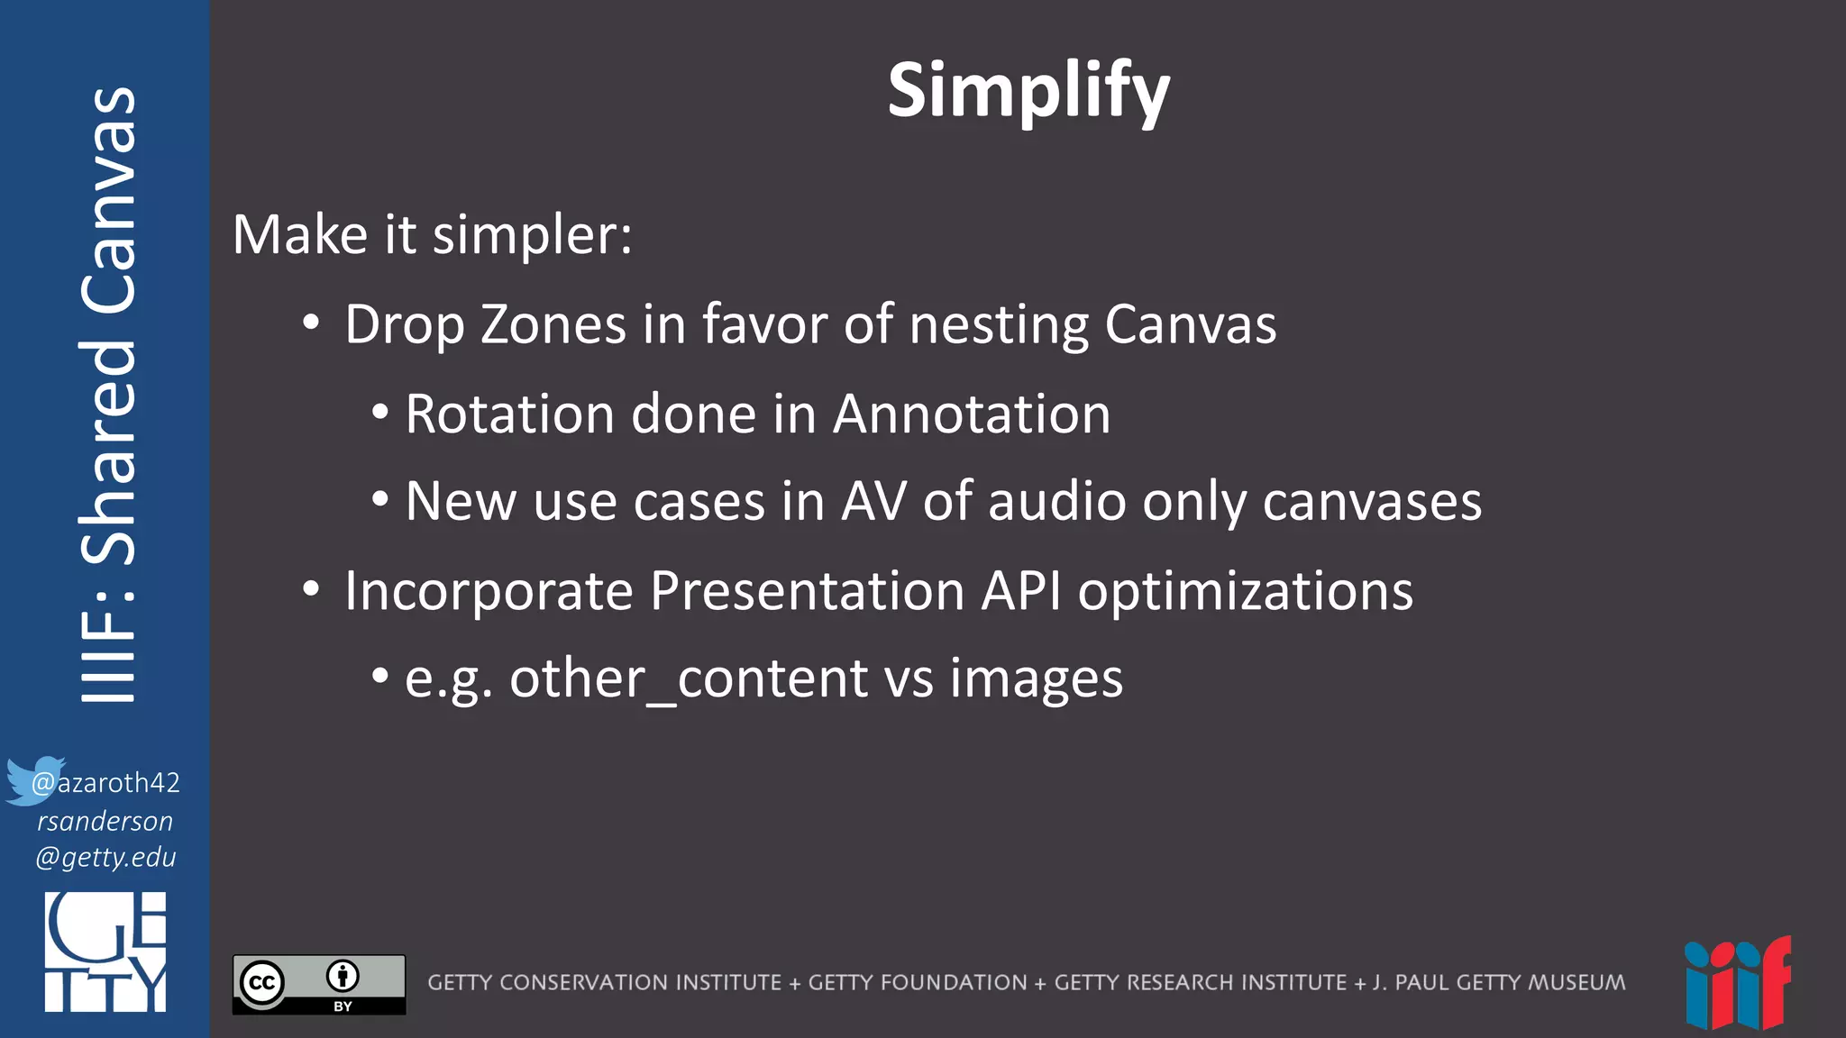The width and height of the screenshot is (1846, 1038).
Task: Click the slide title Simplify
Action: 1028,92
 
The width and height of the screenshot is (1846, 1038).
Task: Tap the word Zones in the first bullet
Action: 553,324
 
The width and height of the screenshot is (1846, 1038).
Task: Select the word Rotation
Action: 509,414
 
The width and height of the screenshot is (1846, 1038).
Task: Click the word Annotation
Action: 972,414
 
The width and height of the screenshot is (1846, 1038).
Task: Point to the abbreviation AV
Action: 873,501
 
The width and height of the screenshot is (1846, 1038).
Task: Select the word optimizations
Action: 1246,593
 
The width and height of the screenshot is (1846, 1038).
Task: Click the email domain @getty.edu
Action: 105,857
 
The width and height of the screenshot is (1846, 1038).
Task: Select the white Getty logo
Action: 105,951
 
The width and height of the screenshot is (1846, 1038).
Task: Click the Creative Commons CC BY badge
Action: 319,984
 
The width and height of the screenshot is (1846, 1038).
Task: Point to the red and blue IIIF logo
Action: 1737,984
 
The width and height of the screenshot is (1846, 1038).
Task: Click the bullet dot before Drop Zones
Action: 311,323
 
